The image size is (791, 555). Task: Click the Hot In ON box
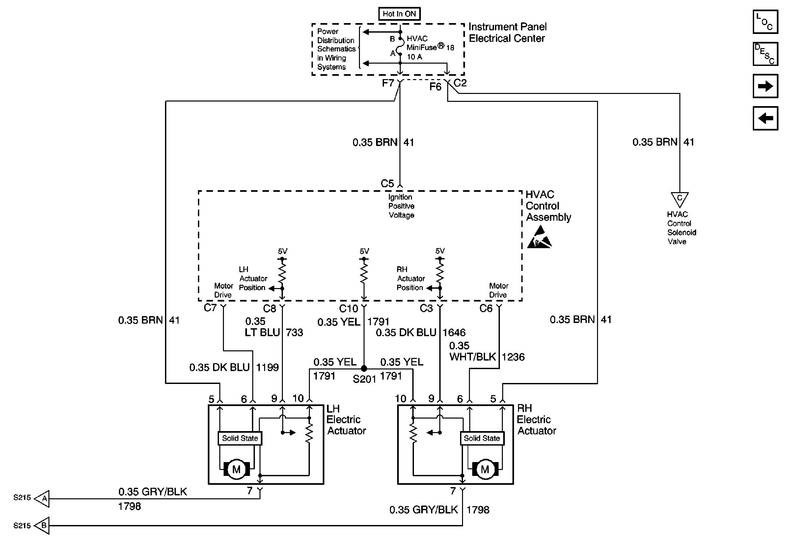pos(399,14)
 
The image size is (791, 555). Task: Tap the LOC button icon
pos(765,22)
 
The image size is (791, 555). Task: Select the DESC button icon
pos(765,54)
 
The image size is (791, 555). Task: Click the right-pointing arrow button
pos(765,86)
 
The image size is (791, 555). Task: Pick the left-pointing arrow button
pos(765,118)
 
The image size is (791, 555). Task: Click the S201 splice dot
pos(364,368)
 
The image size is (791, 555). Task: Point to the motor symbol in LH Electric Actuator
pos(236,469)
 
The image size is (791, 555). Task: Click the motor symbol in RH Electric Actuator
pos(485,469)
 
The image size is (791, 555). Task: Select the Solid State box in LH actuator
pos(240,438)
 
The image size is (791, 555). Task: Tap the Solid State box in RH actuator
pos(482,438)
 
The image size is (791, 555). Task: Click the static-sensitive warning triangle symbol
pos(539,238)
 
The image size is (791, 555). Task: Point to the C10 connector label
pos(348,308)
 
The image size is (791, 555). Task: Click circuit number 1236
pos(513,357)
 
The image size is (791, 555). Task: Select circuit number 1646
pos(454,333)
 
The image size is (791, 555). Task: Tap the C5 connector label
pos(387,183)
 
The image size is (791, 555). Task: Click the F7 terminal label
pos(388,83)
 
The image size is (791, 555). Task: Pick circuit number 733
pos(294,333)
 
